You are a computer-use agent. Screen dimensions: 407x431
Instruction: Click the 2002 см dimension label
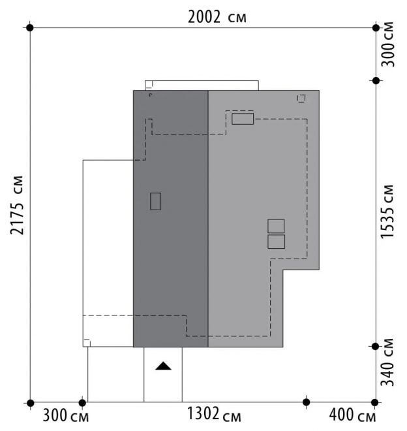(x=217, y=17)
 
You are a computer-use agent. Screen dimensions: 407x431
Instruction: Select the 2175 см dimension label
(x=16, y=205)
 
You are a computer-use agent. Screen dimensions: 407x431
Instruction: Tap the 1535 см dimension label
(x=387, y=212)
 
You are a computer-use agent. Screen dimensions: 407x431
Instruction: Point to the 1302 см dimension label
(x=214, y=414)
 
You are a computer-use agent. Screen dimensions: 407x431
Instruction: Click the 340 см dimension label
(x=387, y=362)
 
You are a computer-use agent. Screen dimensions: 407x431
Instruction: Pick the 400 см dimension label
(x=352, y=415)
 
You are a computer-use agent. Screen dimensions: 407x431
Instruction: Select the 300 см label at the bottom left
(x=66, y=415)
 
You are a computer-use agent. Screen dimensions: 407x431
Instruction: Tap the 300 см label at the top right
(x=387, y=44)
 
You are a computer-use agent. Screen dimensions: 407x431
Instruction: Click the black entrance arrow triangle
(x=164, y=366)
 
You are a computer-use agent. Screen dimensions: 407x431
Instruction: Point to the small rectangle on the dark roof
(x=155, y=202)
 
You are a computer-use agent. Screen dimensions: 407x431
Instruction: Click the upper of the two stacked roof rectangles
(x=276, y=226)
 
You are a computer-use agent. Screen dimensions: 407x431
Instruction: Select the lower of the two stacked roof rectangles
(x=277, y=242)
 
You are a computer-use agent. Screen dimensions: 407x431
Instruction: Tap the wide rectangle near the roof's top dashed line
(x=243, y=119)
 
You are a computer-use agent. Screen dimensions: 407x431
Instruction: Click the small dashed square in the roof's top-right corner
(x=301, y=99)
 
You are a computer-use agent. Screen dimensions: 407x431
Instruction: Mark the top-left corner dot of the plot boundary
(x=30, y=27)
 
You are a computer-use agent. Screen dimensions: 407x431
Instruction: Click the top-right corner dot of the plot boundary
(x=376, y=27)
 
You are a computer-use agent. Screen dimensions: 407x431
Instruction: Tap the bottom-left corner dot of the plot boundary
(x=30, y=403)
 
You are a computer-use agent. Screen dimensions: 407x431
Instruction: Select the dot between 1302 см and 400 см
(x=307, y=402)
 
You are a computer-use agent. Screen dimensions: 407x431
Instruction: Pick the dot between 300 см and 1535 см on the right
(x=376, y=81)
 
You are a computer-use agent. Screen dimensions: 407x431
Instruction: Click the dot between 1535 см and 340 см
(x=375, y=347)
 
